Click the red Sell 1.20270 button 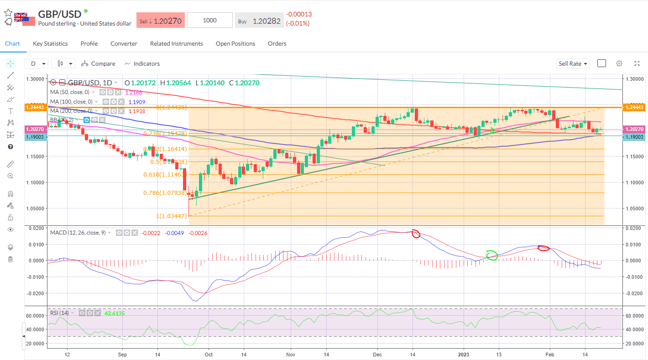pos(160,21)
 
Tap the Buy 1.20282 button pos(259,21)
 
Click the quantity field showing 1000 pos(210,21)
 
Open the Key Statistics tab pos(50,44)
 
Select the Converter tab pos(124,44)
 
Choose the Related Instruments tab pos(176,44)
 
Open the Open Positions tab pos(235,44)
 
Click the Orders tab pos(277,44)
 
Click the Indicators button pos(142,64)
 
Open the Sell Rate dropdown pos(573,64)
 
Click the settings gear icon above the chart pos(619,63)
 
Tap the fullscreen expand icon pos(637,63)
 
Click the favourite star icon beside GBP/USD pos(8,13)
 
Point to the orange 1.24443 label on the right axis pos(635,107)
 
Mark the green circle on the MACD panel pos(491,256)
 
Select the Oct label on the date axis pos(209,354)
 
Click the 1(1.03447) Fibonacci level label pos(172,216)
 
